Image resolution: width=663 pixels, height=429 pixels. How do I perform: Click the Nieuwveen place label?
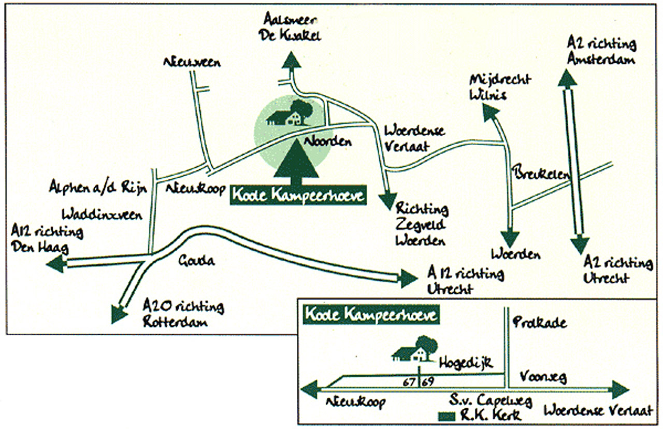(192, 62)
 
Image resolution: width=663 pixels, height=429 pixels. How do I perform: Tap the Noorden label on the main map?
(328, 141)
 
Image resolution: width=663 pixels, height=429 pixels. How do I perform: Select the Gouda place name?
(196, 261)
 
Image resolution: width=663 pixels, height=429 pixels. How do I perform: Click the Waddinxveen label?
(102, 214)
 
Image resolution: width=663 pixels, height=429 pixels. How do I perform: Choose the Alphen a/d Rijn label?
(98, 188)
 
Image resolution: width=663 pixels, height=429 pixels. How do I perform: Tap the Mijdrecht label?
(500, 80)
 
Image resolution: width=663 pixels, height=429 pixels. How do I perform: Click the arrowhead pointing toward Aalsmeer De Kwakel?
(291, 60)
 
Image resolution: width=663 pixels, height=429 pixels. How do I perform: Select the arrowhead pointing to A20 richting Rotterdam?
(119, 314)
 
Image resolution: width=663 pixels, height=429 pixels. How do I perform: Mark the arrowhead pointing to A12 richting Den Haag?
(56, 264)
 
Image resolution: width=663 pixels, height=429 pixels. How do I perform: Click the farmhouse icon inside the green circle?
(290, 112)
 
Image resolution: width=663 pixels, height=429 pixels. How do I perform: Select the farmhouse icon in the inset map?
(414, 349)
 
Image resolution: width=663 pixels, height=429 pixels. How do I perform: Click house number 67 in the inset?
(409, 382)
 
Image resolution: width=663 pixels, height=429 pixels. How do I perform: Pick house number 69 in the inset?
(428, 382)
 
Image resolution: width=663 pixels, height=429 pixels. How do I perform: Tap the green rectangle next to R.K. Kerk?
(447, 416)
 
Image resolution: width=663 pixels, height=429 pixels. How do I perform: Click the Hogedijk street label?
(466, 363)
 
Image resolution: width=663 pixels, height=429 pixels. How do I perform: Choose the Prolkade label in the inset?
(540, 322)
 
